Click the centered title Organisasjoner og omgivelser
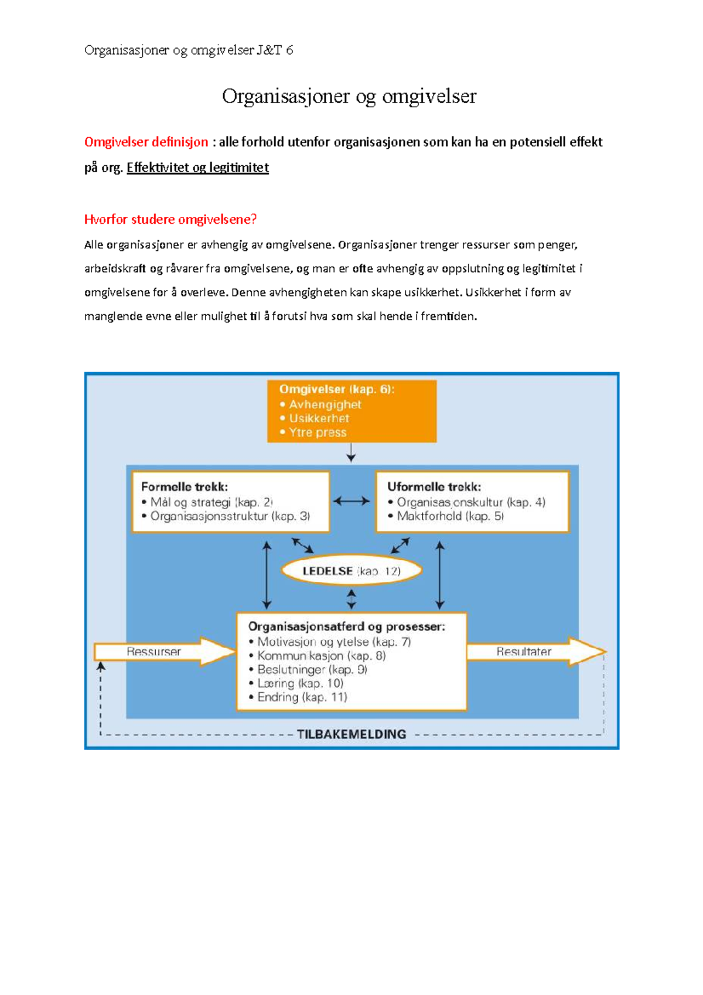point(349,96)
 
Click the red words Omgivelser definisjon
point(146,142)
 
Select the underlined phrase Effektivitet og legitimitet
point(197,168)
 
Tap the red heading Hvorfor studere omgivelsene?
point(170,219)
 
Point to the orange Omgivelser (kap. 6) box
point(351,411)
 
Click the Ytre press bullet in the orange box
point(317,432)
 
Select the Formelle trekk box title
point(185,486)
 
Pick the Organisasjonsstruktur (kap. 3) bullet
point(230,516)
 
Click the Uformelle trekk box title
point(434,486)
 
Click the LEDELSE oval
point(351,571)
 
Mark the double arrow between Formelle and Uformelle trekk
point(351,501)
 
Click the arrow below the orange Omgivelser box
point(351,452)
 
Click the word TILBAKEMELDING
point(351,734)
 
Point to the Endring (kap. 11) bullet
point(302,697)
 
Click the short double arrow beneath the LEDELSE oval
point(351,599)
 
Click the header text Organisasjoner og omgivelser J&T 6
point(189,50)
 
